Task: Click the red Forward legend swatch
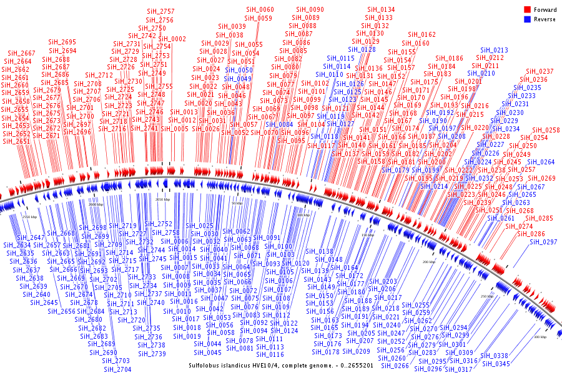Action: point(527,10)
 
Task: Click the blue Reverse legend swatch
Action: point(527,19)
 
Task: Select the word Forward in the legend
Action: point(545,10)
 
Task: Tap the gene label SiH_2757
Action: point(160,12)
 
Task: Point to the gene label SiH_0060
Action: point(259,10)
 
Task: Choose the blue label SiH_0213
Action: point(494,50)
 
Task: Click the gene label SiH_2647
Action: point(31,237)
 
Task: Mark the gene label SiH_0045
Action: point(207,352)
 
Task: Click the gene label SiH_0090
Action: point(310,10)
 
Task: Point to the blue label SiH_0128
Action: point(362,49)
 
